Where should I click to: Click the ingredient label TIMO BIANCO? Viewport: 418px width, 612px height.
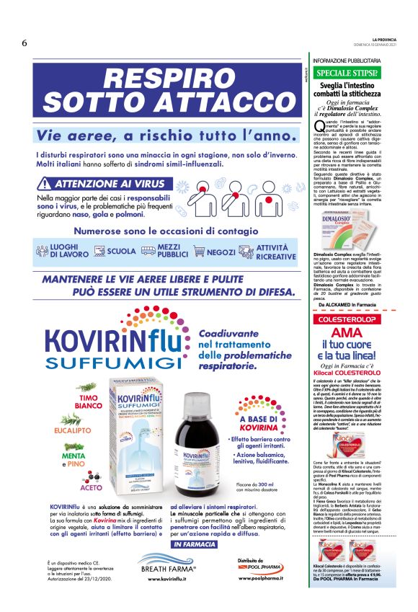[88, 402]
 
